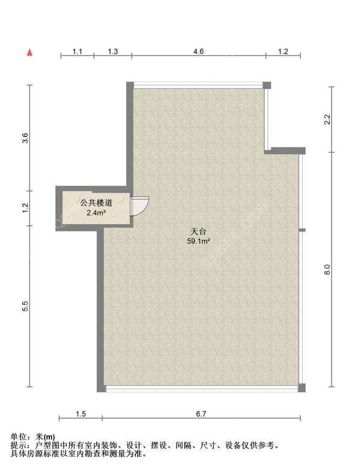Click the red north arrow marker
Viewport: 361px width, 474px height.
click(29, 52)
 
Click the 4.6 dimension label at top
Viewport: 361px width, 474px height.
click(199, 51)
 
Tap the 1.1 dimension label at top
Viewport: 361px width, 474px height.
click(78, 51)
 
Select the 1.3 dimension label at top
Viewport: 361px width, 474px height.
click(113, 51)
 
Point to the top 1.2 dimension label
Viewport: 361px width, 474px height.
click(283, 51)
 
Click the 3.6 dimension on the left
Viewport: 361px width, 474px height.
click(25, 138)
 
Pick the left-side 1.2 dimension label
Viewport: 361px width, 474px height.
click(25, 208)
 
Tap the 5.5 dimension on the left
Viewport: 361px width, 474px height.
click(25, 306)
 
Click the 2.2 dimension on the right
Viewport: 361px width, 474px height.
click(327, 119)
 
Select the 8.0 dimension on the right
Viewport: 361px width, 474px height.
click(327, 269)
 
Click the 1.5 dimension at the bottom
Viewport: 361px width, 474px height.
click(81, 413)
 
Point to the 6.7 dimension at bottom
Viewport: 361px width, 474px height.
click(201, 413)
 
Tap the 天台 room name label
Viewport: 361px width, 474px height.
click(199, 232)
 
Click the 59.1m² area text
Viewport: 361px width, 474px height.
click(199, 241)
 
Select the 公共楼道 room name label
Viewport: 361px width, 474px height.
click(96, 203)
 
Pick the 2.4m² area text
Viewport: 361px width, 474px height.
click(96, 212)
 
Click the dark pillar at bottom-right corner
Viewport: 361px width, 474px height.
click(301, 387)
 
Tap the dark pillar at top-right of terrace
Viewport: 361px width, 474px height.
click(267, 85)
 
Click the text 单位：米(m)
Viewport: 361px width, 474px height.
click(33, 437)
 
